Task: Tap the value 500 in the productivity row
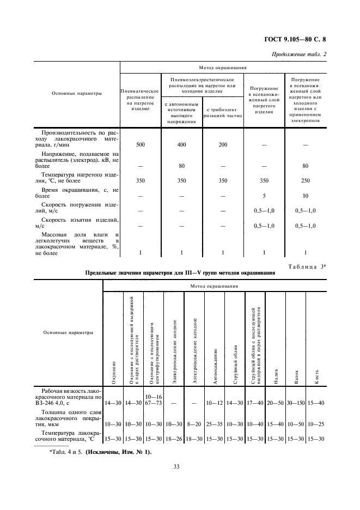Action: tap(141, 145)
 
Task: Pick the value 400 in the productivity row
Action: tap(182, 145)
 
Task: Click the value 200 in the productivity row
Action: tap(222, 145)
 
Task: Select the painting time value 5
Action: tap(264, 196)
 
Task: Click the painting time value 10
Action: tap(306, 196)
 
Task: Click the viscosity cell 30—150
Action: tap(296, 402)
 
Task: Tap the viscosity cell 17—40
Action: tap(256, 402)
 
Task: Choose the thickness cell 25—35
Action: tap(215, 423)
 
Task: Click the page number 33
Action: tap(177, 466)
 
